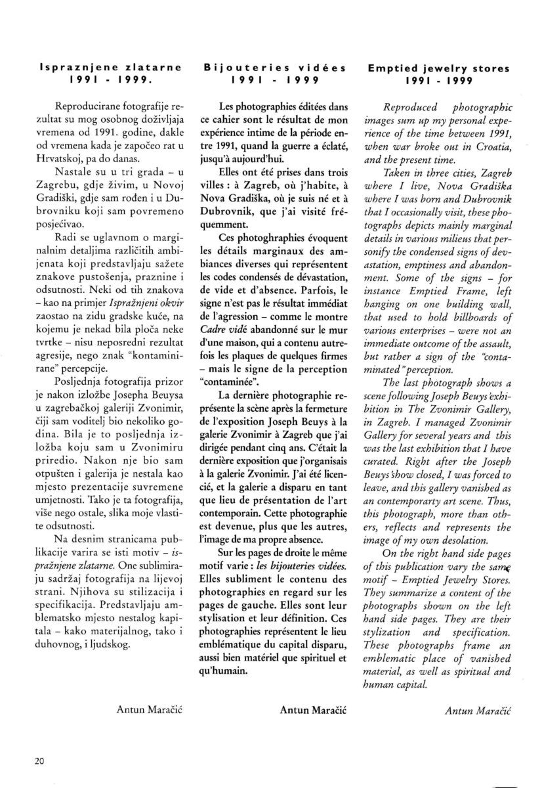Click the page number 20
tap(40, 760)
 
